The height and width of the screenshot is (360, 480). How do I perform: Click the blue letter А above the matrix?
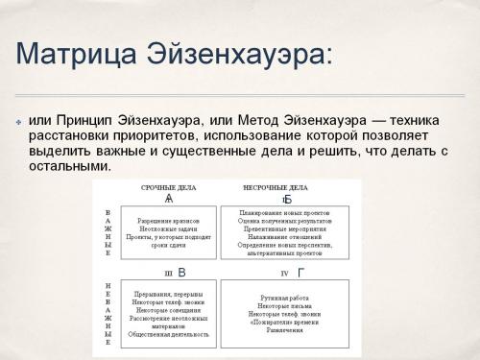[169, 199]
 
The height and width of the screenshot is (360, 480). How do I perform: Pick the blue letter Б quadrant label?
[287, 199]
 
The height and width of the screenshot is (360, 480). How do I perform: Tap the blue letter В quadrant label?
[182, 273]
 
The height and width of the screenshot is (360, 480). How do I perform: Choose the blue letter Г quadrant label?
[287, 273]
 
